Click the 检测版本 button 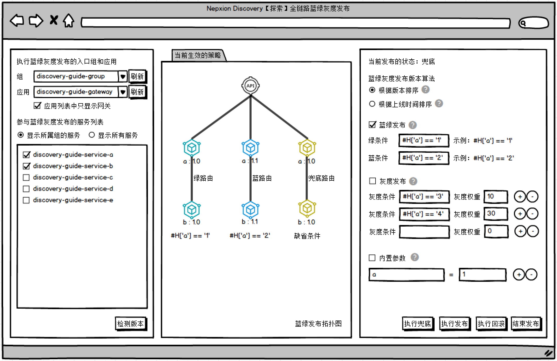click(130, 324)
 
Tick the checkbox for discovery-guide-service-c click(26, 178)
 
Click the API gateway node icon click(250, 86)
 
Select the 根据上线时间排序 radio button click(372, 104)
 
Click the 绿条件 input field click(423, 141)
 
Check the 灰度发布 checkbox click(372, 181)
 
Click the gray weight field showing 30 click(495, 214)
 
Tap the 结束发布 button click(526, 324)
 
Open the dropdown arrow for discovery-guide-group click(123, 77)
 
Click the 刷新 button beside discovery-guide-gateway click(137, 92)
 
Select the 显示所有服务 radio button click(92, 135)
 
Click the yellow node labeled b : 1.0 click(307, 208)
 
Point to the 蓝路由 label click(262, 178)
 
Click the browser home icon click(69, 21)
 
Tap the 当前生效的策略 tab click(198, 55)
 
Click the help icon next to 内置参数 click(414, 257)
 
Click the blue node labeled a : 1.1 click(250, 148)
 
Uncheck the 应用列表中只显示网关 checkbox click(37, 106)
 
